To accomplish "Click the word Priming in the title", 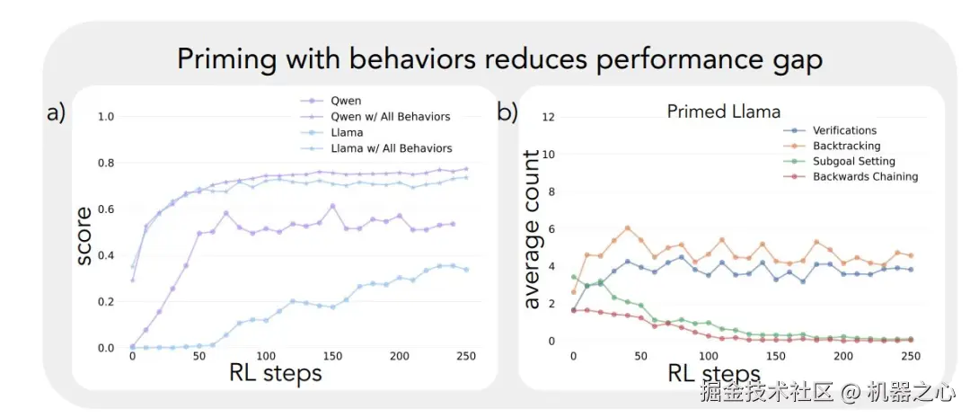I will point(225,60).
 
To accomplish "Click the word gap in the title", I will point(798,60).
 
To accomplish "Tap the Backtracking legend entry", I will point(846,146).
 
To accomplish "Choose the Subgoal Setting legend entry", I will point(853,161).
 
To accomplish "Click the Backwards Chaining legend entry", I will point(865,176).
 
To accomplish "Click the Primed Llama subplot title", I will point(724,111).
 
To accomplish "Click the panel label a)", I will point(56,113).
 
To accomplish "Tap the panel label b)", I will point(507,113).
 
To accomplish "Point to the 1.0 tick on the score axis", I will point(106,117).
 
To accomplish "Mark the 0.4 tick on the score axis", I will point(106,255).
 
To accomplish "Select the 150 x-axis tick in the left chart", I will point(332,356).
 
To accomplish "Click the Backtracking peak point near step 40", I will point(628,228).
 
